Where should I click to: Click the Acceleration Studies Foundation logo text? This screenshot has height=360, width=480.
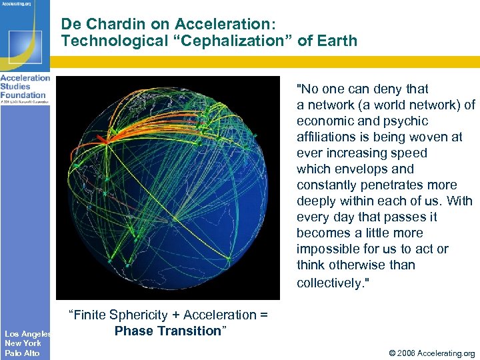point(25,87)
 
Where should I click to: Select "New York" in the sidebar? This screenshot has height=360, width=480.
point(23,343)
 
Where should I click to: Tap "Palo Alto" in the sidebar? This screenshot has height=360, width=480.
point(22,353)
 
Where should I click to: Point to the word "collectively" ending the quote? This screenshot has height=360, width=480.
point(329,283)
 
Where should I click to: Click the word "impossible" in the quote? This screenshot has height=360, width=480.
point(329,249)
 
